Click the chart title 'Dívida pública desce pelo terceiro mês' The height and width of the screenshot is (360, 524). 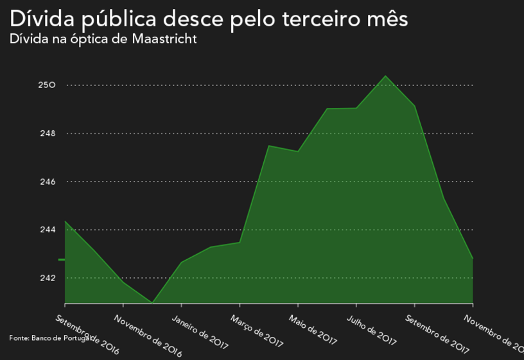click(x=209, y=18)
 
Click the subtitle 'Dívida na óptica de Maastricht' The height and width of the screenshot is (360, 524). click(x=103, y=39)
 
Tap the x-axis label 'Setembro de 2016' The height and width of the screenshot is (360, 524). click(x=87, y=334)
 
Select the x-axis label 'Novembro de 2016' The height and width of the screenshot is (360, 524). click(x=148, y=336)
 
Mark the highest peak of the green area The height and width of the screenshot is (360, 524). click(x=385, y=76)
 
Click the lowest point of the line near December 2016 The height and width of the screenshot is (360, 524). click(x=152, y=302)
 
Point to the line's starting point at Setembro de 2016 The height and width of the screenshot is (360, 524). click(x=65, y=221)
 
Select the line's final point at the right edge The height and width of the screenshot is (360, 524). click(x=473, y=258)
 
